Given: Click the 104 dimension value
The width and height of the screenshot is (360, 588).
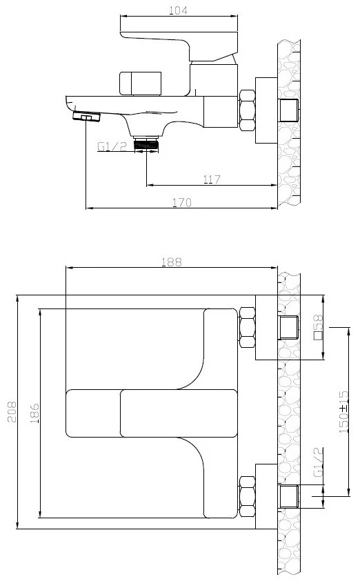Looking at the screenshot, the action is tap(179, 10).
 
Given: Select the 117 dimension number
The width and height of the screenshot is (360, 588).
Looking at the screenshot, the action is tap(212, 179).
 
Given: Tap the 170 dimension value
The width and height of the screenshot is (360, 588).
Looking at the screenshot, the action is tap(181, 202).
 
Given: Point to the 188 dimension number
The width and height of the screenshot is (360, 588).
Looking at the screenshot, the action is tap(172, 262).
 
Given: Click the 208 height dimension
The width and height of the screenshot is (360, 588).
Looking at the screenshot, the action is tap(12, 412).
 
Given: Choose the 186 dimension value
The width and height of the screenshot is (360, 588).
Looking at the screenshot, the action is tap(34, 413).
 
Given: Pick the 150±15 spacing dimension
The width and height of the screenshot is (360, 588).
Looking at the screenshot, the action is tap(343, 412).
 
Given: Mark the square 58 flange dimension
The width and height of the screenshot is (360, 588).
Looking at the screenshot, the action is tap(318, 327).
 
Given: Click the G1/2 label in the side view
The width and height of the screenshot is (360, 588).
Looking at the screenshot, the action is tap(112, 146).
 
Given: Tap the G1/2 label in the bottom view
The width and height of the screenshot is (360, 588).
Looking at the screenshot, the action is tap(318, 462).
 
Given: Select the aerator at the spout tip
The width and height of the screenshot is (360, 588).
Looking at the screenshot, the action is tap(86, 117).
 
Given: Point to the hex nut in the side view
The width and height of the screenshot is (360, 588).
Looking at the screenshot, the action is tap(247, 110).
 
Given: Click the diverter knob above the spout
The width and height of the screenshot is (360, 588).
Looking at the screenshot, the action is tap(140, 84).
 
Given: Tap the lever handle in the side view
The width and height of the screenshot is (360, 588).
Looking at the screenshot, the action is tap(179, 46).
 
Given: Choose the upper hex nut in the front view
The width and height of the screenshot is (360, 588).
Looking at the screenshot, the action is tap(247, 327).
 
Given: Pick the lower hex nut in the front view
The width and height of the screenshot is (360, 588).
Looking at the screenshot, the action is tap(247, 497).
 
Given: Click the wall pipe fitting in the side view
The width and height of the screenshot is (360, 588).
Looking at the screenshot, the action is tap(289, 110).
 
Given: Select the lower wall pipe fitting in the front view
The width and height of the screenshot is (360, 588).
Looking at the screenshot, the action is tap(289, 496).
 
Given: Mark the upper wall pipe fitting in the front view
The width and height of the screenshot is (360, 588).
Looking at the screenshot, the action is tap(289, 327).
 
